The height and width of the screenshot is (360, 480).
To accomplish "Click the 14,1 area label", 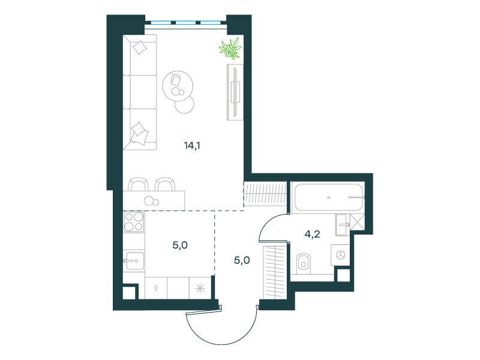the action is click(x=192, y=145).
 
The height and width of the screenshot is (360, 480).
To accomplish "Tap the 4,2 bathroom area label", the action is click(x=312, y=234).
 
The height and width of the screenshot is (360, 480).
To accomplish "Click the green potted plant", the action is click(x=230, y=49).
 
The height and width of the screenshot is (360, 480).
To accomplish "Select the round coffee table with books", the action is click(x=178, y=86).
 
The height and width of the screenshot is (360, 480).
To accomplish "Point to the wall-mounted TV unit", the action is click(x=235, y=92).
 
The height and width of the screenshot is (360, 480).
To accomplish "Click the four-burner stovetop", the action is click(x=134, y=221).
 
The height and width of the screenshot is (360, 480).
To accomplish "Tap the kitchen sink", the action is click(x=134, y=261).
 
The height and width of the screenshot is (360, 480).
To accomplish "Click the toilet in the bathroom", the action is click(x=304, y=263).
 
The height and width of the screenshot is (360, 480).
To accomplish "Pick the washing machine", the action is click(x=340, y=254).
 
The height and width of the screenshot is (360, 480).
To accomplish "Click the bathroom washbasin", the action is click(x=343, y=224).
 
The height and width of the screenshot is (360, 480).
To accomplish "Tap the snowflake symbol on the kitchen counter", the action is click(x=200, y=288).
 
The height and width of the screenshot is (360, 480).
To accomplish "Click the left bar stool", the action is click(x=139, y=184).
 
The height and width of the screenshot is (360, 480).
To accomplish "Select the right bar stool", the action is click(x=165, y=184).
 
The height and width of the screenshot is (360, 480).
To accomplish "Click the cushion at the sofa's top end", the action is click(x=140, y=48).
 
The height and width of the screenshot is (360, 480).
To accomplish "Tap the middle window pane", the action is click(x=185, y=22).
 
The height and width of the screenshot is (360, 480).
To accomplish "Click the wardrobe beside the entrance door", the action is click(x=275, y=272).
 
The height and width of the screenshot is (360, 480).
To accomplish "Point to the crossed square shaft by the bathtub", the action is click(x=357, y=222).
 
